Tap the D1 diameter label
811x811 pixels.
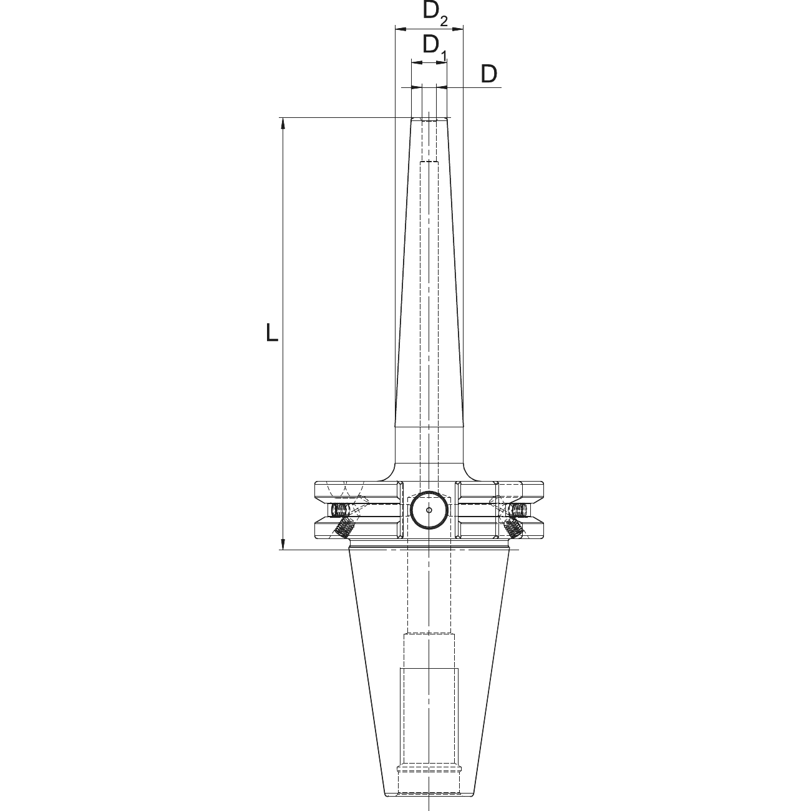pyautogui.click(x=435, y=47)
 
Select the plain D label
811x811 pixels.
pyautogui.click(x=488, y=74)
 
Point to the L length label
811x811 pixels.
pyautogui.click(x=272, y=332)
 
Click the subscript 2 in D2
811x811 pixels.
pyautogui.click(x=444, y=21)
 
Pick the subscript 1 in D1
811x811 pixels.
pyautogui.click(x=444, y=54)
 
